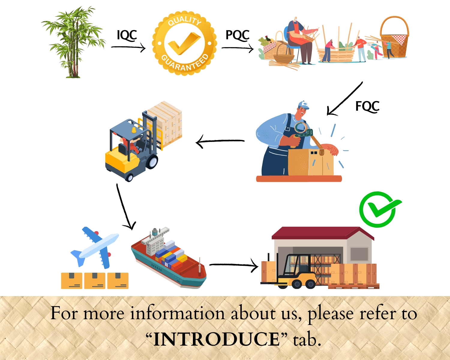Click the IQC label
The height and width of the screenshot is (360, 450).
127,35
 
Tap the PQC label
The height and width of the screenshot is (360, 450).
237,35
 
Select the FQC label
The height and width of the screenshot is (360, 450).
367,106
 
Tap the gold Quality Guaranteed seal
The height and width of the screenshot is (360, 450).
184,43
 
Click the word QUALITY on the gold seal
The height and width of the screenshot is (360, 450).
184,20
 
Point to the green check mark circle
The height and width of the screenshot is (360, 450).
379,209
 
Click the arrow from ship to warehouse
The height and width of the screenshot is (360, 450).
233,265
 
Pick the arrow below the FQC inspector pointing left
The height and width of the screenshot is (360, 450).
220,141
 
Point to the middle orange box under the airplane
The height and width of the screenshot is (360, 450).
95,281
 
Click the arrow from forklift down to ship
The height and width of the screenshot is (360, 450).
125,207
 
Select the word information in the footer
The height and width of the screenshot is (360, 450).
177,314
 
